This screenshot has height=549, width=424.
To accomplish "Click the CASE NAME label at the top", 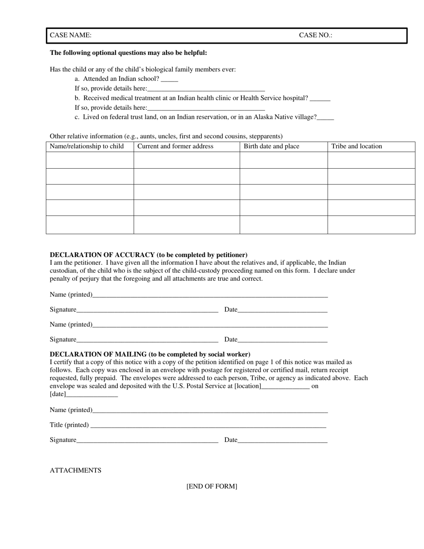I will pos(71,35).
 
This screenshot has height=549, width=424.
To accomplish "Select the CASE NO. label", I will pos(316,35).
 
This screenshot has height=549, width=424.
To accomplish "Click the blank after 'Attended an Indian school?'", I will pos(169,79).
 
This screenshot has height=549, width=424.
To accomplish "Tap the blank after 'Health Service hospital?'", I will pos(320,99).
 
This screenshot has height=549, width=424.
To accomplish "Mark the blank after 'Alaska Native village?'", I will pos(325,118).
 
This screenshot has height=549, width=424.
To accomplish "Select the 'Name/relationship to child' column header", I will pos(87,146).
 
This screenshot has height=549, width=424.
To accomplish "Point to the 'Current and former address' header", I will pos(175,146).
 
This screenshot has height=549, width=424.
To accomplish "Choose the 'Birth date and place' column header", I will pos(271,146).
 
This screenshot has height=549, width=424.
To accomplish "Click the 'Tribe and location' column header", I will pos(357,146).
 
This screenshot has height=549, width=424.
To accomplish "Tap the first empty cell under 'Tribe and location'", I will pos(371,160).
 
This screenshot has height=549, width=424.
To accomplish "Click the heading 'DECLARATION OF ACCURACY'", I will pos(148,255).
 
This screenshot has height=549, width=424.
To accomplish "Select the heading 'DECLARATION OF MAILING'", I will pos(150,354).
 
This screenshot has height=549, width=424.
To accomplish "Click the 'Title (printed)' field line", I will pos(208,425).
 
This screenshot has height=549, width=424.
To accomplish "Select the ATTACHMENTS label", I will pos(75,470).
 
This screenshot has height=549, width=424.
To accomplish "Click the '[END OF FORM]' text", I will pos(212,487).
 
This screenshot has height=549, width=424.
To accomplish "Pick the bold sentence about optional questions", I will pos(128,53).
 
